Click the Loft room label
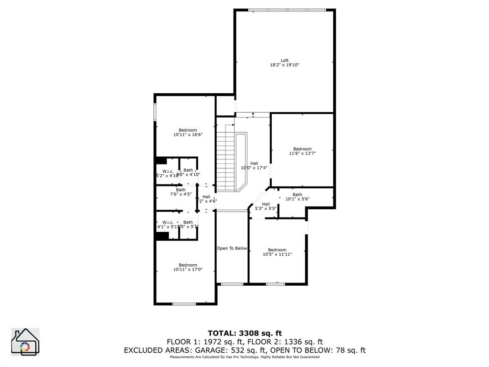tap(285, 61)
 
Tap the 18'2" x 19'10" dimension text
tap(285, 65)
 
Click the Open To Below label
tap(232, 248)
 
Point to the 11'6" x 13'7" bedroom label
tap(302, 151)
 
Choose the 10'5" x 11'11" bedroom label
tap(277, 252)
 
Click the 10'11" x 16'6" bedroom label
tap(188, 132)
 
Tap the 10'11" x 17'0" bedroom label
tap(188, 267)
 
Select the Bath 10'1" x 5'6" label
tap(298, 197)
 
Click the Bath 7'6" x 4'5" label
tap(181, 192)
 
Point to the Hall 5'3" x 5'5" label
tap(266, 206)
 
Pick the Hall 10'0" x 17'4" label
tap(254, 165)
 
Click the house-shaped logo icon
tap(25, 342)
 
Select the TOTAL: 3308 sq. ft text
tap(244, 333)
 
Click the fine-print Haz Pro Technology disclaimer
tap(244, 357)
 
